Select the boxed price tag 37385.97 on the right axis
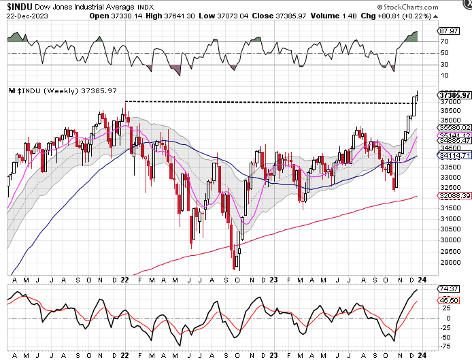click(455, 95)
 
